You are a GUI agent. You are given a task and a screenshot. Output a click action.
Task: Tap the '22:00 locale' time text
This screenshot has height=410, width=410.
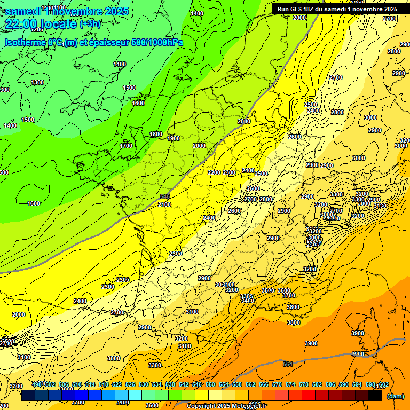point(40,24)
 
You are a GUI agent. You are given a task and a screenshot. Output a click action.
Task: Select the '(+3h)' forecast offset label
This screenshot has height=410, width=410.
point(89,24)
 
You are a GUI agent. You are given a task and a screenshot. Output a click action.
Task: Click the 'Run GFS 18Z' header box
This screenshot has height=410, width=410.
point(335,9)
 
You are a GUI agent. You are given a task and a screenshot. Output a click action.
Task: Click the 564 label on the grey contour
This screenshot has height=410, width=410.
point(288,364)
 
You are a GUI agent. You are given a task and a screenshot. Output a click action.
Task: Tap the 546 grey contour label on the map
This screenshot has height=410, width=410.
point(165,197)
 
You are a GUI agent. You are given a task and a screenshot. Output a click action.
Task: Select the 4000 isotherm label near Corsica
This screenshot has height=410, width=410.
point(358,354)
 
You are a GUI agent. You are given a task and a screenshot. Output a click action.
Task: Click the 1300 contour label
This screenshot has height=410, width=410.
point(37,82)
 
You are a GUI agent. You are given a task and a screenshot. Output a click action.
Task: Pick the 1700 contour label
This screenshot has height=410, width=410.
point(126,146)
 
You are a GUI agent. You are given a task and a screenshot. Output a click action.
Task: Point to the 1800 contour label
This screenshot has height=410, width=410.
point(156,134)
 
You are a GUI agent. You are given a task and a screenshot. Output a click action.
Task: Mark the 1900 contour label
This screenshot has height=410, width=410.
point(174,138)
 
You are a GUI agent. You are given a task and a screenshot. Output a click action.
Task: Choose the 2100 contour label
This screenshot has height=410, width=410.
point(164,204)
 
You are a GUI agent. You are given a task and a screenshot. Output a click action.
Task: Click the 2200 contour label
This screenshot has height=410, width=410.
point(214,172)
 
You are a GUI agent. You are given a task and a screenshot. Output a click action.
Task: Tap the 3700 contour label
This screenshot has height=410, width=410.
point(289,295)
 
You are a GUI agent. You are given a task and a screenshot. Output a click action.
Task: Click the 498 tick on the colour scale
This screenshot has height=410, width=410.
point(37,384)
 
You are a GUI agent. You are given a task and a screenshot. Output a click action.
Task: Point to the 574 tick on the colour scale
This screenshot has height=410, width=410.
point(290,384)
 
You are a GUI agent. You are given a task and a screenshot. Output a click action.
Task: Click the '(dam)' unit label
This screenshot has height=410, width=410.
point(395,396)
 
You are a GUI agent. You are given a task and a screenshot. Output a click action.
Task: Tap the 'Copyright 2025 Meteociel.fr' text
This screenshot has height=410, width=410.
point(227,406)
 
